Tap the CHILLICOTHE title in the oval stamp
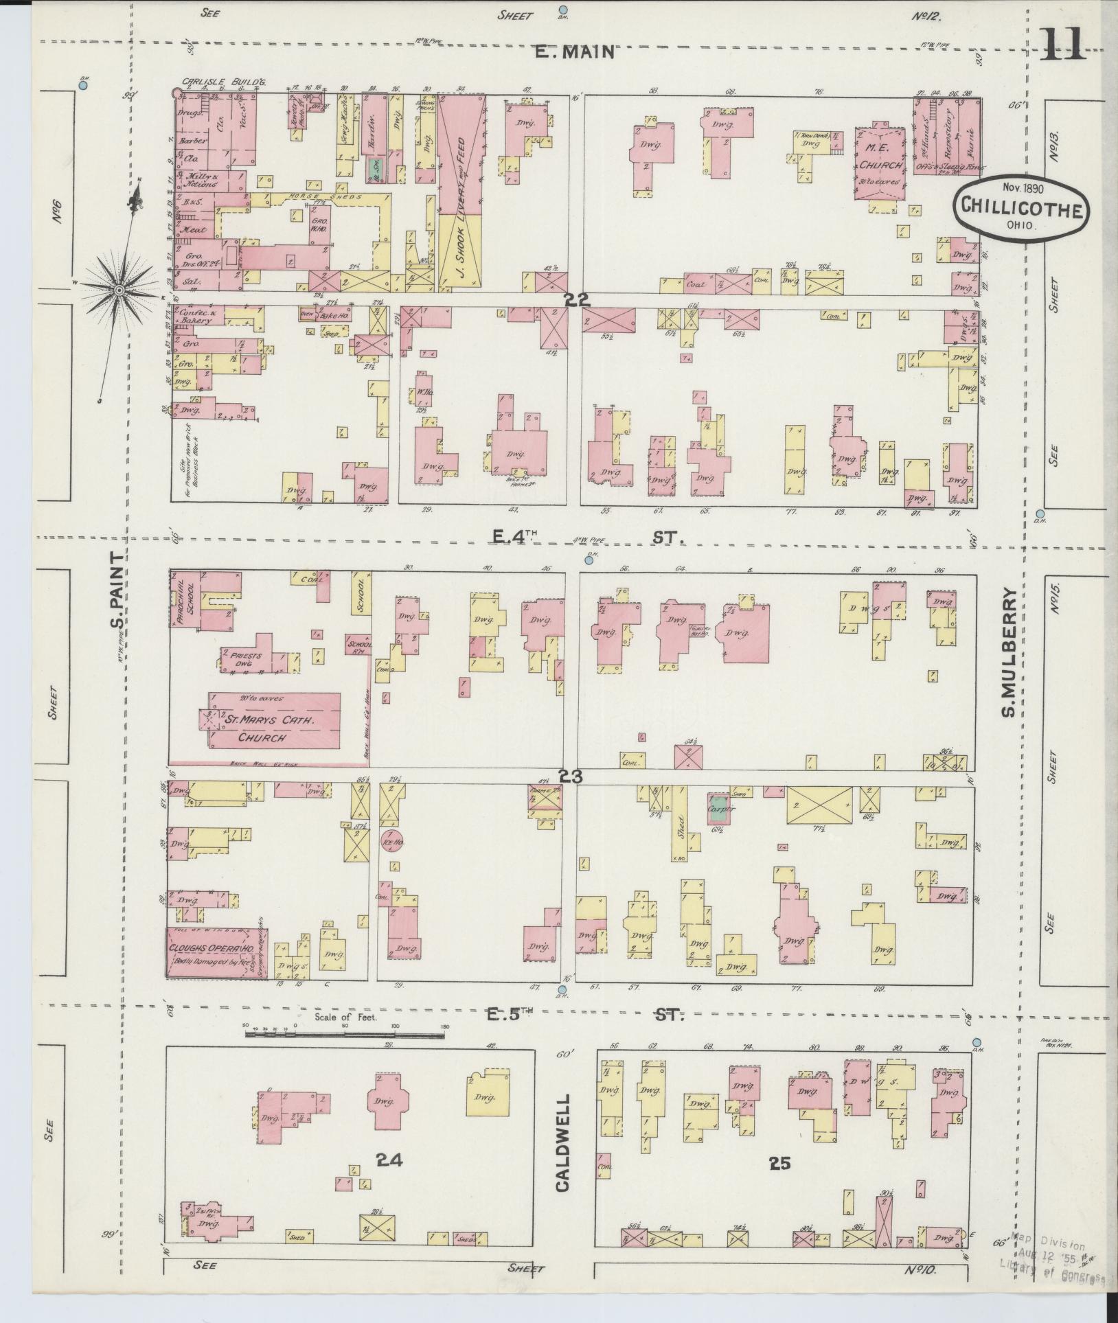[x=1020, y=206]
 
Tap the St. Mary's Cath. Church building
[x=275, y=720]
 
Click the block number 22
[x=575, y=299]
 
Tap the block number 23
[x=571, y=776]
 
